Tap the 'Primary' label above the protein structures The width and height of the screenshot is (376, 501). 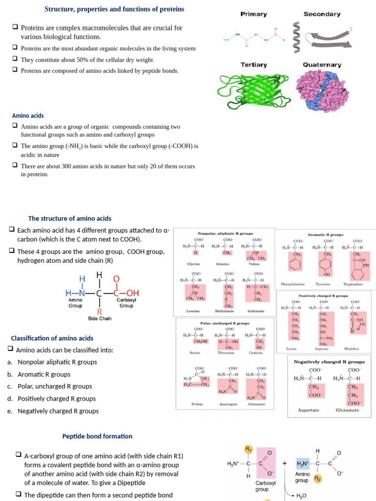click(254, 14)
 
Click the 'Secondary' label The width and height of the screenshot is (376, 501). click(322, 14)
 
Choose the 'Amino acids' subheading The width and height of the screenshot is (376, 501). click(27, 116)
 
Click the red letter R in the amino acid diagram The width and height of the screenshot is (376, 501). click(99, 311)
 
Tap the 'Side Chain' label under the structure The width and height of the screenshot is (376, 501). click(99, 319)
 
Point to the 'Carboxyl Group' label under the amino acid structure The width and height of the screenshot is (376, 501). click(126, 302)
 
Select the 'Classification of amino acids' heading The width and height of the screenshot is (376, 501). click(52, 338)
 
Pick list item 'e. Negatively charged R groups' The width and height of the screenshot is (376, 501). click(58, 411)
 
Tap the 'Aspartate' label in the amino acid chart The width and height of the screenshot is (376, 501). click(308, 410)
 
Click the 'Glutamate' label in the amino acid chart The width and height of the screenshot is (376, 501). click(347, 410)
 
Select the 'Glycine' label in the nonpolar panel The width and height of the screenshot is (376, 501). click(195, 264)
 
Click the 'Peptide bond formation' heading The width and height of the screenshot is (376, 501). click(97, 436)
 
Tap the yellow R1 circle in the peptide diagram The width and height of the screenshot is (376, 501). click(248, 449)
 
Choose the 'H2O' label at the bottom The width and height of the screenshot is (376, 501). click(303, 496)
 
